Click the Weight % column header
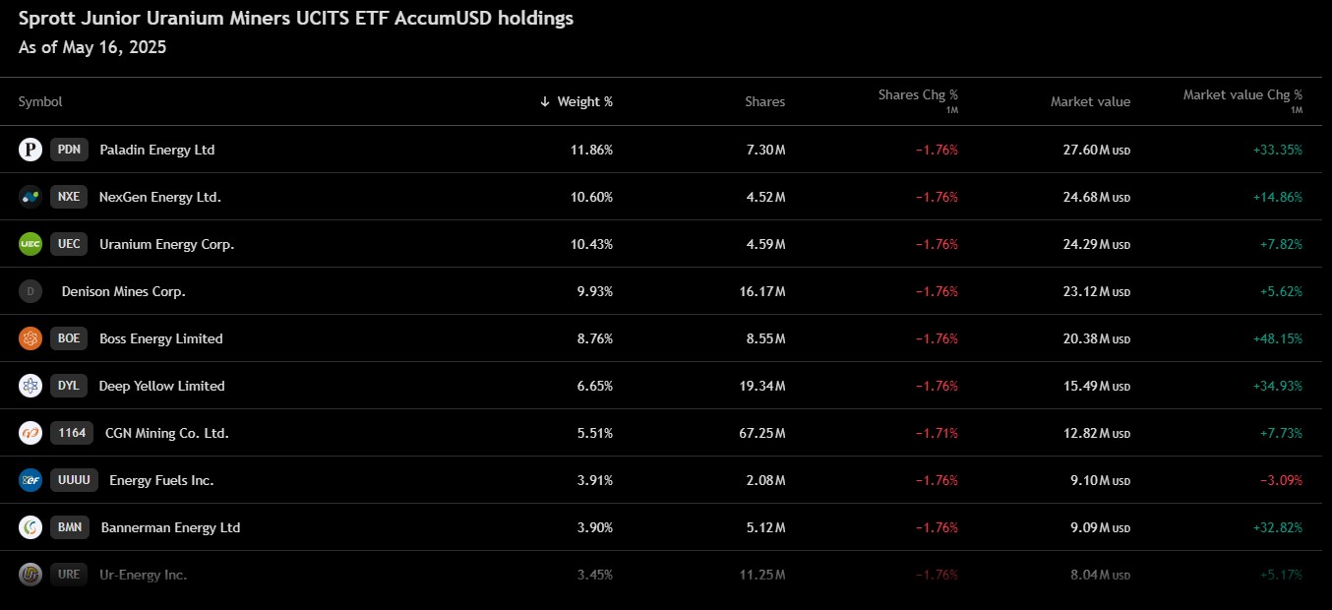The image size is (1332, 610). click(584, 101)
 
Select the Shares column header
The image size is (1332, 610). click(764, 101)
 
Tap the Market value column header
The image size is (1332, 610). click(1090, 101)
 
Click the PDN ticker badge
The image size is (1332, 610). click(69, 150)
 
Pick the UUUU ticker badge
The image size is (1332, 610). click(74, 480)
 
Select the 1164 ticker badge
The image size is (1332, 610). click(72, 433)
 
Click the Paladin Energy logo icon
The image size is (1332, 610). click(30, 150)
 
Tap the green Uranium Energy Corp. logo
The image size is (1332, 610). click(30, 244)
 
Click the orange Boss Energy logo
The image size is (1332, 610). click(30, 338)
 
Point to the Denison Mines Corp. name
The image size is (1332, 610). click(124, 291)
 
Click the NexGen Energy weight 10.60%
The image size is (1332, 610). click(591, 197)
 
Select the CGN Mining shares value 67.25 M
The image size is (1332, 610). click(762, 433)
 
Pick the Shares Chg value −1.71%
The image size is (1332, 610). click(938, 433)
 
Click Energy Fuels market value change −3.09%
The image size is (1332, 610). click(1282, 480)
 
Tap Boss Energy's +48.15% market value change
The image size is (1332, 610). click(1278, 338)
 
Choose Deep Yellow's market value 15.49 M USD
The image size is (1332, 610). click(1097, 386)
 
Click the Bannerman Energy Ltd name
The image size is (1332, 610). click(170, 527)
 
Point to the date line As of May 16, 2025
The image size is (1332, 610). click(92, 47)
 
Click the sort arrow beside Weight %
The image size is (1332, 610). click(545, 101)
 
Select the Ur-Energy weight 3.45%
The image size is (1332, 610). click(594, 575)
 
